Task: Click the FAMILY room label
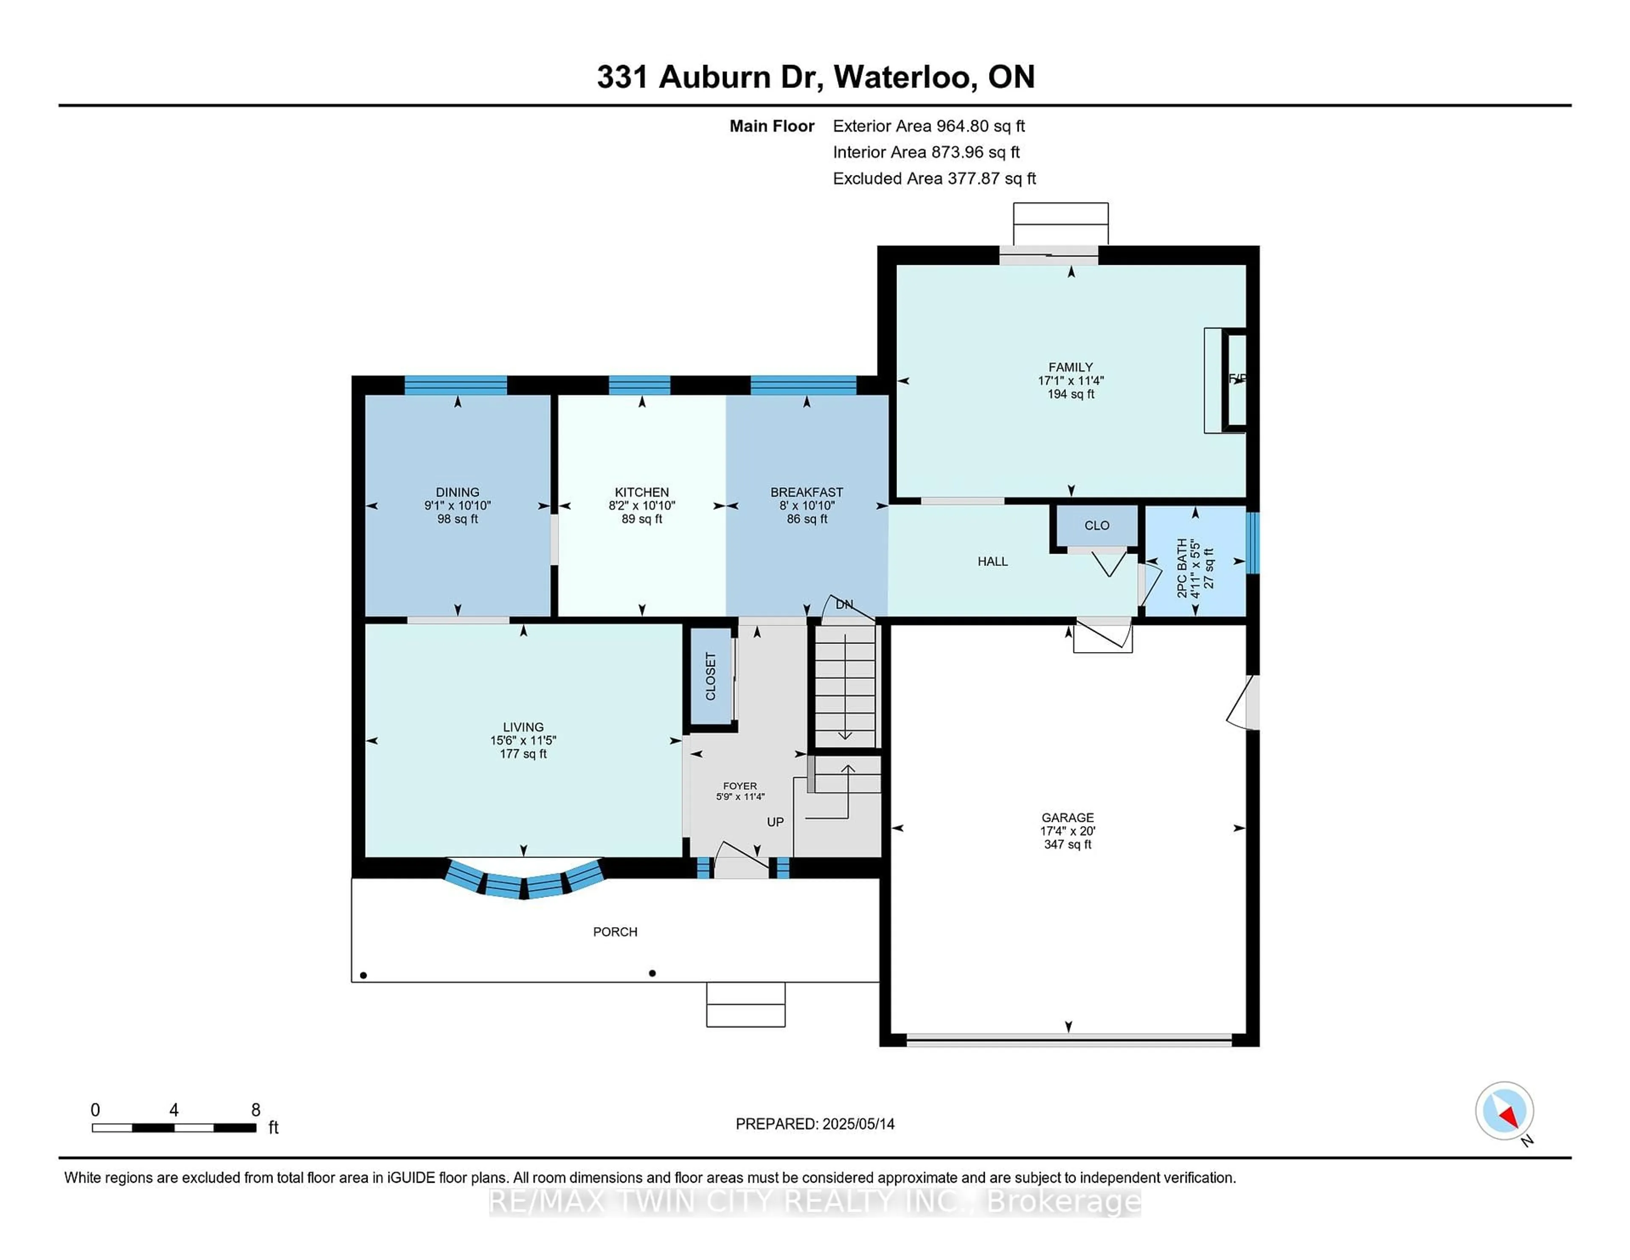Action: click(1070, 367)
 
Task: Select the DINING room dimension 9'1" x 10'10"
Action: click(458, 505)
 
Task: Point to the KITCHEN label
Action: click(642, 492)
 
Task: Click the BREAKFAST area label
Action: click(807, 492)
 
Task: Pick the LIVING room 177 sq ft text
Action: click(523, 754)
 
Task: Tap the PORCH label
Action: click(615, 931)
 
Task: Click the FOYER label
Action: click(739, 786)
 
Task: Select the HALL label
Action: click(992, 561)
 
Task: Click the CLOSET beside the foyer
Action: click(711, 676)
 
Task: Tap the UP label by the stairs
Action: click(776, 822)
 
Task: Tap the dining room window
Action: click(456, 385)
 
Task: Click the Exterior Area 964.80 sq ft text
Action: click(929, 126)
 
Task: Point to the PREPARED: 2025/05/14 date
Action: click(815, 1124)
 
